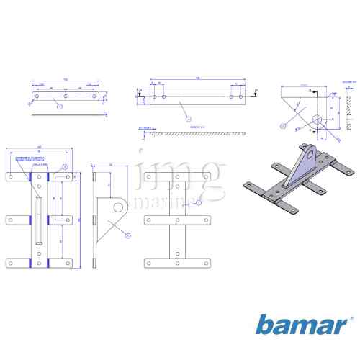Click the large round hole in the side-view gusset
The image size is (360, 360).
tap(116, 209)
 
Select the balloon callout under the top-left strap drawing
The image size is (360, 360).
tap(59, 106)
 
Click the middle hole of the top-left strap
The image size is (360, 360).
tap(66, 95)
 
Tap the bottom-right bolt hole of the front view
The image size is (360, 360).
tap(67, 264)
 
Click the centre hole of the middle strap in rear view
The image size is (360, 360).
tap(176, 219)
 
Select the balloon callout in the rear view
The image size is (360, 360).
tap(189, 204)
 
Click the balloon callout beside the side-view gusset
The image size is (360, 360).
tap(127, 235)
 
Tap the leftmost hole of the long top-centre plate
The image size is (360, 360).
tap(155, 95)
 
